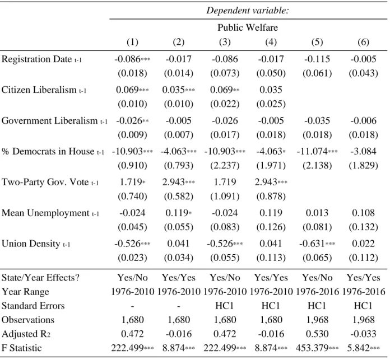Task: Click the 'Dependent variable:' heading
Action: click(x=248, y=11)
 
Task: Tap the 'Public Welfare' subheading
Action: click(x=248, y=27)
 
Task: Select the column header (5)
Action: click(x=317, y=42)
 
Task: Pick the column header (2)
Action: click(x=179, y=42)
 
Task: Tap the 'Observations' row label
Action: click(x=28, y=320)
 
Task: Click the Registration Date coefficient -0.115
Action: click(x=317, y=59)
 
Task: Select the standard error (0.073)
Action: click(x=225, y=73)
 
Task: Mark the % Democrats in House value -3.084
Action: click(x=364, y=151)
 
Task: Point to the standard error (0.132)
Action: click(x=364, y=227)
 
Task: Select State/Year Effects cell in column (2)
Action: click(x=179, y=278)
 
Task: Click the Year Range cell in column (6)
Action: click(x=364, y=292)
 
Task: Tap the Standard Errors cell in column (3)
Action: click(x=225, y=306)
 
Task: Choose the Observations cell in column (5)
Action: click(x=317, y=320)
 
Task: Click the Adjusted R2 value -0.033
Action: click(x=364, y=334)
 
